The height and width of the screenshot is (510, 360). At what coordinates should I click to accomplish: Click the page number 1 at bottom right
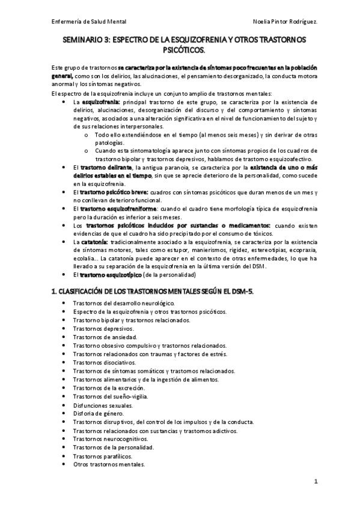tap(315, 482)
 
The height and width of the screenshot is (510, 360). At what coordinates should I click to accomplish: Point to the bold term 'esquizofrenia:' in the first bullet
tap(100, 102)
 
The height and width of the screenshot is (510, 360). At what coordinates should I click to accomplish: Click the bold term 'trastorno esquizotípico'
tap(108, 275)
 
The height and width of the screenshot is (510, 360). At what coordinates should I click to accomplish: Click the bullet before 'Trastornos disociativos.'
tap(65, 363)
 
